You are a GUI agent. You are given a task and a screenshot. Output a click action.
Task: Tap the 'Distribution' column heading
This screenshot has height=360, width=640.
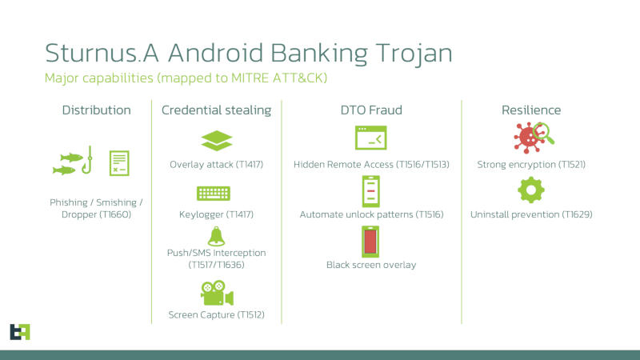click(x=96, y=110)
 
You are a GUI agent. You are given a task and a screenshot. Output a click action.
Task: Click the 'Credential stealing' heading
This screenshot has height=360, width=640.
click(x=216, y=110)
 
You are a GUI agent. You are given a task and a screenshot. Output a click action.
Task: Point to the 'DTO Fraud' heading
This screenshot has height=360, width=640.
click(x=370, y=110)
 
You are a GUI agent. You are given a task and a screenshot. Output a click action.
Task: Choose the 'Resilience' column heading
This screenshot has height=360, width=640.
click(x=530, y=110)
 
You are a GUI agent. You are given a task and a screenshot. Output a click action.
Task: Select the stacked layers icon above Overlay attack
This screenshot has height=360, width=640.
click(x=216, y=140)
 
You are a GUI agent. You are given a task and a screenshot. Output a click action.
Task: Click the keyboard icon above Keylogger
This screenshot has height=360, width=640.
click(x=214, y=193)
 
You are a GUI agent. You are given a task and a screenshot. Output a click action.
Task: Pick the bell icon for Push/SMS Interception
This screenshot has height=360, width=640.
click(x=215, y=235)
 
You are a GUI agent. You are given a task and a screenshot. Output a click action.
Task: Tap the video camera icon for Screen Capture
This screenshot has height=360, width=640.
click(x=216, y=294)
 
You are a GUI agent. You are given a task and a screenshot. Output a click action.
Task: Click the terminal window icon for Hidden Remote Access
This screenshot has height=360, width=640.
click(x=370, y=139)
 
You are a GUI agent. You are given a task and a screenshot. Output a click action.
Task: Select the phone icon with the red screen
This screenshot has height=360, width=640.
click(x=370, y=242)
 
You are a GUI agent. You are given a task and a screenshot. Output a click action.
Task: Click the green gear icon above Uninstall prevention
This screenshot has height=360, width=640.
click(x=530, y=190)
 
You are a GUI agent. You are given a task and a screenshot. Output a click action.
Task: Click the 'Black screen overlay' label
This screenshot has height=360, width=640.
click(x=371, y=265)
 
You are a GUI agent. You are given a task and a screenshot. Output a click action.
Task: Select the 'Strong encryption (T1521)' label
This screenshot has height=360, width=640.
click(x=530, y=164)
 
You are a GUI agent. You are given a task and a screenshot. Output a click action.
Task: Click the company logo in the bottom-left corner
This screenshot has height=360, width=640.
click(x=19, y=331)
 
